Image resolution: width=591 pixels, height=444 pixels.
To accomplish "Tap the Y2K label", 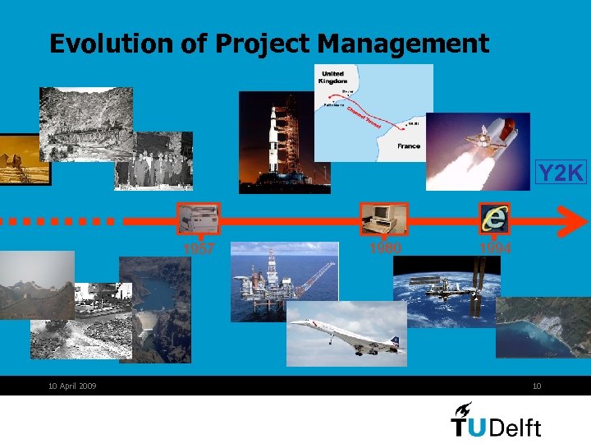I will pos(561,173).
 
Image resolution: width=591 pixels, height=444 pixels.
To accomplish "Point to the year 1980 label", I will pos(383,245).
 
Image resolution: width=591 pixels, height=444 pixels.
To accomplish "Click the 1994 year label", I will pos(496,247).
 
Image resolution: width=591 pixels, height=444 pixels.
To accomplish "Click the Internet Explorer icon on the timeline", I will pos(495,219).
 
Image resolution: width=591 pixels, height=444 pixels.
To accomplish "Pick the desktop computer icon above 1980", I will pos(383,219).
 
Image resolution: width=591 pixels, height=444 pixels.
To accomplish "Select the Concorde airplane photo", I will pos(346,333).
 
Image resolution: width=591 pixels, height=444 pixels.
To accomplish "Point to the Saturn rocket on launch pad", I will pos(277,141).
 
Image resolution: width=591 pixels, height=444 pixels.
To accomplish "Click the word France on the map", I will pos(408,146).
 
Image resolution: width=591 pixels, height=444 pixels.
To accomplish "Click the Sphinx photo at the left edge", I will pos(23,160).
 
